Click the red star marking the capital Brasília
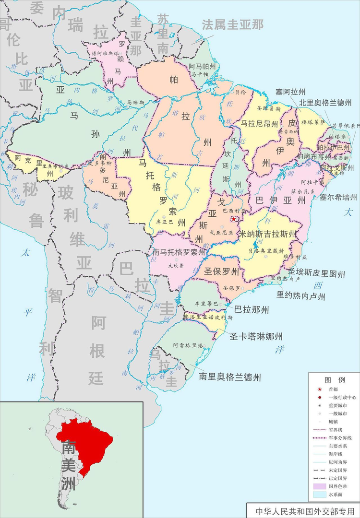234,219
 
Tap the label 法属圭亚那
233,25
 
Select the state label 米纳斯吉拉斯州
268,234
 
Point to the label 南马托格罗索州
179,251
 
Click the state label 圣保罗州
222,272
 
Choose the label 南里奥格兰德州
230,377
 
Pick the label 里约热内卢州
300,296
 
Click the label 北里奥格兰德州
325,103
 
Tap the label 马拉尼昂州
259,124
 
